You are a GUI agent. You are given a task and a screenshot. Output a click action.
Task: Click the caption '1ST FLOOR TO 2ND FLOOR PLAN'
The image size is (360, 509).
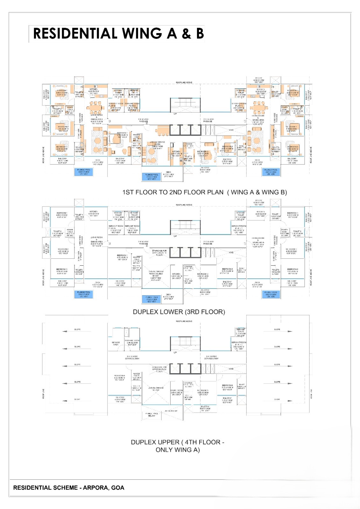[x=173, y=192]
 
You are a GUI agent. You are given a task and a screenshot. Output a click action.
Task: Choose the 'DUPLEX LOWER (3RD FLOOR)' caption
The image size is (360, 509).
[x=179, y=312]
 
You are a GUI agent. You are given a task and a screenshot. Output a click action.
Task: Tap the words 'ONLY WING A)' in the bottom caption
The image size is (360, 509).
[x=178, y=450]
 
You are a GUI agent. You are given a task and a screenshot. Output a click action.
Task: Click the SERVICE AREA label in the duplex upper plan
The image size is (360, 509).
[x=116, y=344]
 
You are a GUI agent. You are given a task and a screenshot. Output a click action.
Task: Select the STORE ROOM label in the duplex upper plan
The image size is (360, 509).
[x=176, y=391]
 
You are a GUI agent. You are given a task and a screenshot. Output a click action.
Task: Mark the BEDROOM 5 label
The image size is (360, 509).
[x=203, y=391]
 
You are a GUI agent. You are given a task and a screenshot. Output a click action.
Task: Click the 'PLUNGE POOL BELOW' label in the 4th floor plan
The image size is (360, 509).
[x=152, y=415]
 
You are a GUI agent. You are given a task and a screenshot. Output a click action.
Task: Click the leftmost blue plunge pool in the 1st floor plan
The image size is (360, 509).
[x=83, y=172]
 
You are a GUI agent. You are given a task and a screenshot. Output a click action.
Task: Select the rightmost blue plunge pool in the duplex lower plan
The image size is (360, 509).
[x=271, y=294]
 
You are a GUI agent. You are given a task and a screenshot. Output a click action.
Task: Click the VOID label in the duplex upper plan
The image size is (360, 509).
[x=231, y=369]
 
